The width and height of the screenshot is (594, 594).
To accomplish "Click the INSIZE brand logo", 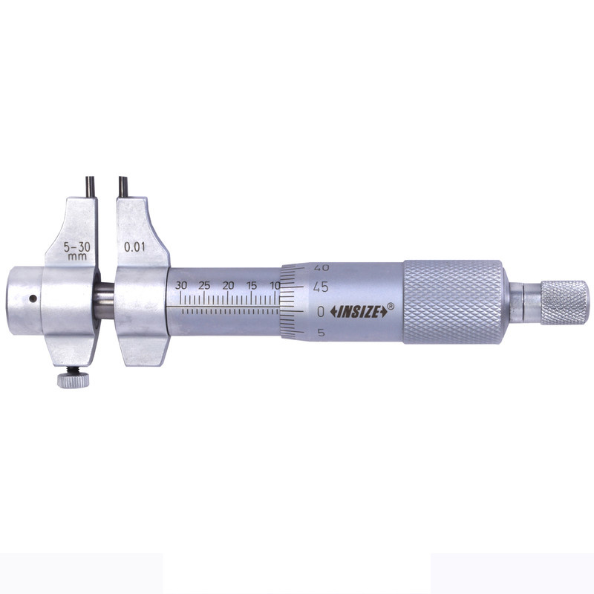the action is [x=359, y=312].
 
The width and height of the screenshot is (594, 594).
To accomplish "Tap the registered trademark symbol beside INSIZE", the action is [x=391, y=306].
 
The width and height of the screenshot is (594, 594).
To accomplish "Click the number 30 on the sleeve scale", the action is [x=181, y=285].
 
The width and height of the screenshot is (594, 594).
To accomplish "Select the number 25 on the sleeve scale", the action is [x=204, y=285].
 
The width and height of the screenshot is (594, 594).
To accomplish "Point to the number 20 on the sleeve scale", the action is [x=228, y=285].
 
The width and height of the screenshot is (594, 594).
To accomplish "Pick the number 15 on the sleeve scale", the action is [x=252, y=285].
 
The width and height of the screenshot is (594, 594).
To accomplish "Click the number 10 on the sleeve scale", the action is [x=275, y=285].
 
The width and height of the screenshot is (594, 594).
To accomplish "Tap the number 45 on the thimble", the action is [x=321, y=287].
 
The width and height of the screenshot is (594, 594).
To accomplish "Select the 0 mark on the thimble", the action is [x=321, y=312].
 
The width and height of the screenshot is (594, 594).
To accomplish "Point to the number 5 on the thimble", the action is [x=322, y=333].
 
